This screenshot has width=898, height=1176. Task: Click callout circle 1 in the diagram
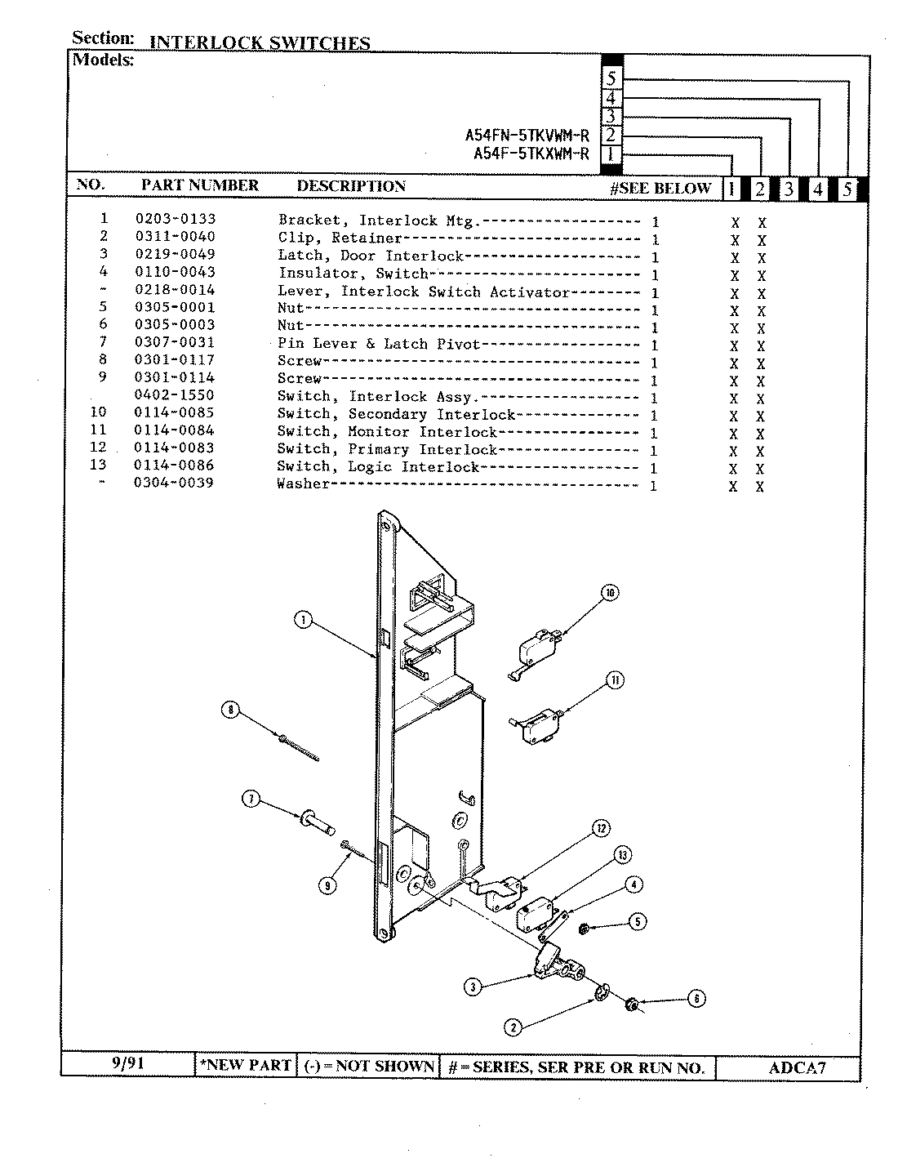(x=303, y=621)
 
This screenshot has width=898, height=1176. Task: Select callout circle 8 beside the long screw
(x=231, y=710)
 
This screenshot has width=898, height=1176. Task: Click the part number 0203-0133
(x=175, y=219)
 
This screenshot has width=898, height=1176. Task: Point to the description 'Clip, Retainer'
(x=340, y=238)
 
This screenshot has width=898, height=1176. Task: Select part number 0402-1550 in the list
(x=174, y=395)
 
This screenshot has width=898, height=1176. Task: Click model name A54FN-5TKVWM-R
(x=527, y=136)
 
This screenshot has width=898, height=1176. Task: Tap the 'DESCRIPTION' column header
(x=351, y=186)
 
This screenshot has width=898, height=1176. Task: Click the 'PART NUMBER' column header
(x=199, y=185)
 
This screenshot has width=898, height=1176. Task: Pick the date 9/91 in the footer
(x=128, y=1064)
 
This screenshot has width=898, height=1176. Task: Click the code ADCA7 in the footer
(x=798, y=1067)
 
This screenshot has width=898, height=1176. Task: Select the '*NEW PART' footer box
(x=246, y=1065)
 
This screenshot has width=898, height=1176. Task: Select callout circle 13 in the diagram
(x=623, y=855)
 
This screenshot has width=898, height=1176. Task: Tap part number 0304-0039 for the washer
(x=174, y=483)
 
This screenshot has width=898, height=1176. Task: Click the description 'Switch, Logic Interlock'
(x=378, y=467)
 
